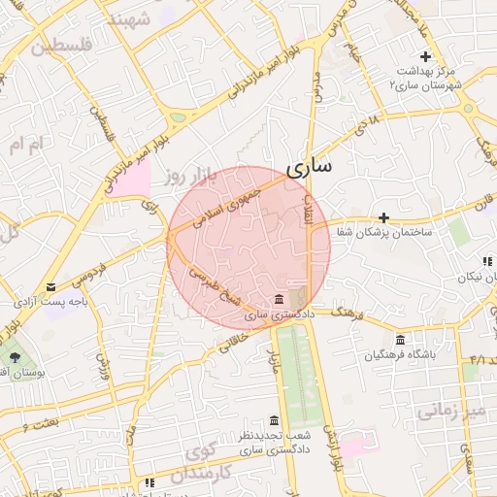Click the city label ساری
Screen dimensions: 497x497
[308, 166]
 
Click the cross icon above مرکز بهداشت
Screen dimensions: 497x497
[425, 57]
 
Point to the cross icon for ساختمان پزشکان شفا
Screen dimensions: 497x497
[384, 217]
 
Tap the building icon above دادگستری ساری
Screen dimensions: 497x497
[280, 298]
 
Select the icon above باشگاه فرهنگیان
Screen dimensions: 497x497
[401, 340]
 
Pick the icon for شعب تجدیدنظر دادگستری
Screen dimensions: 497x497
[275, 420]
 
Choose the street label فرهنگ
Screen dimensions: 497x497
[345, 314]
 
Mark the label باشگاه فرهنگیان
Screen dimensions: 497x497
[401, 355]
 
